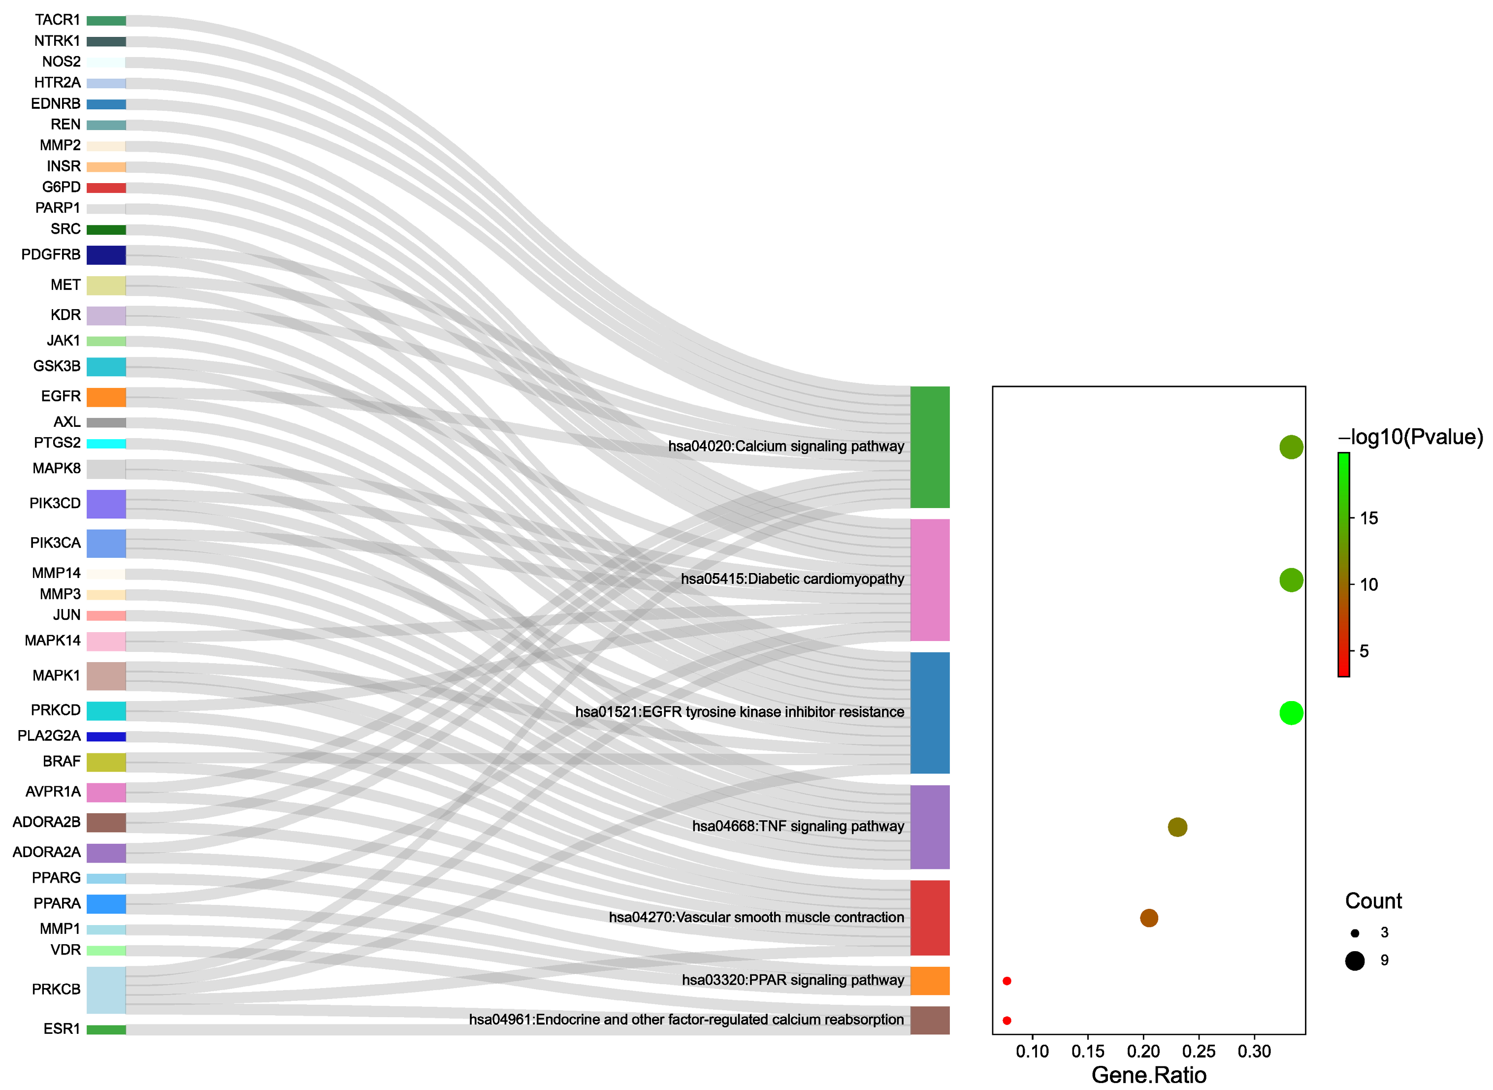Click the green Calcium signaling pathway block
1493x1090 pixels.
930,448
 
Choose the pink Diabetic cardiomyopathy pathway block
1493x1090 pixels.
930,580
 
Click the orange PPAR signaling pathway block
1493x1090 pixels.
930,981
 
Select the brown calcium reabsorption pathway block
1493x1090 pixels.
930,1021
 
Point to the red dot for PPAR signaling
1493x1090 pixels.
1007,982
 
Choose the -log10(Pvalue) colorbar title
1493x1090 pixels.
1411,437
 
